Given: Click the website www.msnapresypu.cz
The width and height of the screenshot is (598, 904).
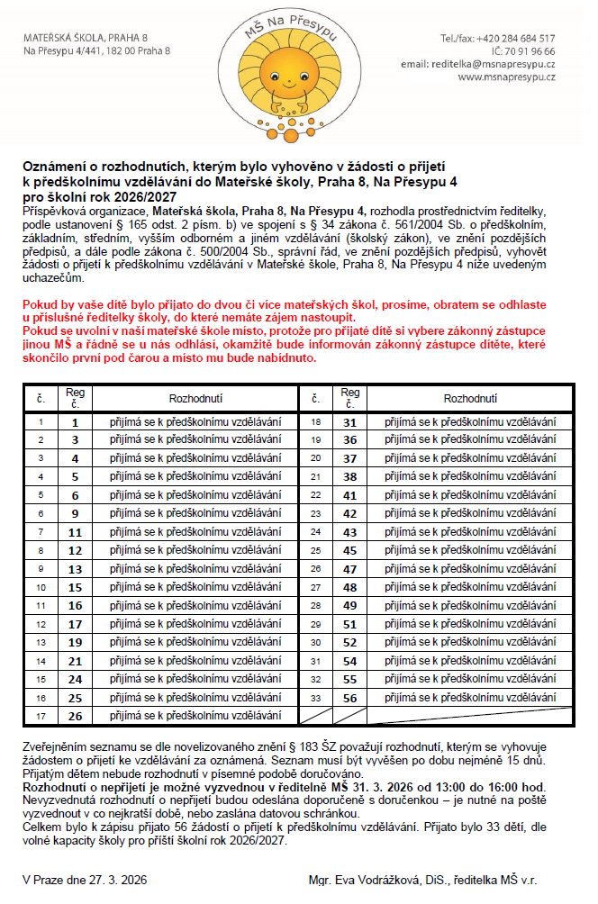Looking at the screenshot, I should (x=506, y=77).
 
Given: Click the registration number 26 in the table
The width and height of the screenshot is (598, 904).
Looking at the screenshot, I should (x=76, y=717).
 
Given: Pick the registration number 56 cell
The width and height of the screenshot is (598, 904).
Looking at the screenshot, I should (x=349, y=698).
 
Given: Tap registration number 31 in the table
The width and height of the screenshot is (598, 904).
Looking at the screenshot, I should (x=349, y=421).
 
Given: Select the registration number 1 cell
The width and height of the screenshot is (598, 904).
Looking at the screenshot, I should (x=76, y=421).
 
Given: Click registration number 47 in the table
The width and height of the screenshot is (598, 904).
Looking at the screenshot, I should (x=349, y=569).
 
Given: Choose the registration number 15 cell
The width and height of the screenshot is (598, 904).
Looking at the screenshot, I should (x=76, y=587).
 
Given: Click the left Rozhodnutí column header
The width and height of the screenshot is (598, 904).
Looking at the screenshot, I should (x=195, y=397).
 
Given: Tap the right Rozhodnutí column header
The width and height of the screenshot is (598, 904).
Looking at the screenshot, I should (x=471, y=397).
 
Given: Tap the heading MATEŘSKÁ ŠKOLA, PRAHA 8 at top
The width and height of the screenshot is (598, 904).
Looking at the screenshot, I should (x=86, y=39).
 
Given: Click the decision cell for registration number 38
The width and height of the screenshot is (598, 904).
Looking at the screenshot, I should (x=471, y=476).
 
